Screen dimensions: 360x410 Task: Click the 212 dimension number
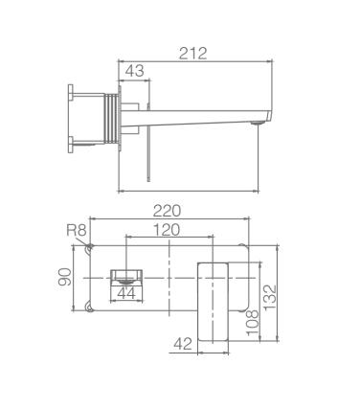pos(192,54)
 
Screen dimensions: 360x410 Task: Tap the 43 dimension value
pos(134,71)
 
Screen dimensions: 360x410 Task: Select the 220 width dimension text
pos(167,211)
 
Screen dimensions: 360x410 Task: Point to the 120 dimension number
pos(167,230)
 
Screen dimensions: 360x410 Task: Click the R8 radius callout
pos(77,230)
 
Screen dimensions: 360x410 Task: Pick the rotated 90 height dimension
pos(65,277)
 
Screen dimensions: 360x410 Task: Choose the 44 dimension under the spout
pos(126,293)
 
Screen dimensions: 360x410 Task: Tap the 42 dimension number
pos(183,344)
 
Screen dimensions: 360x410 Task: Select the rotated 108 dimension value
pos(253,322)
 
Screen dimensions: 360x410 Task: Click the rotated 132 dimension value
pos(270,297)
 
